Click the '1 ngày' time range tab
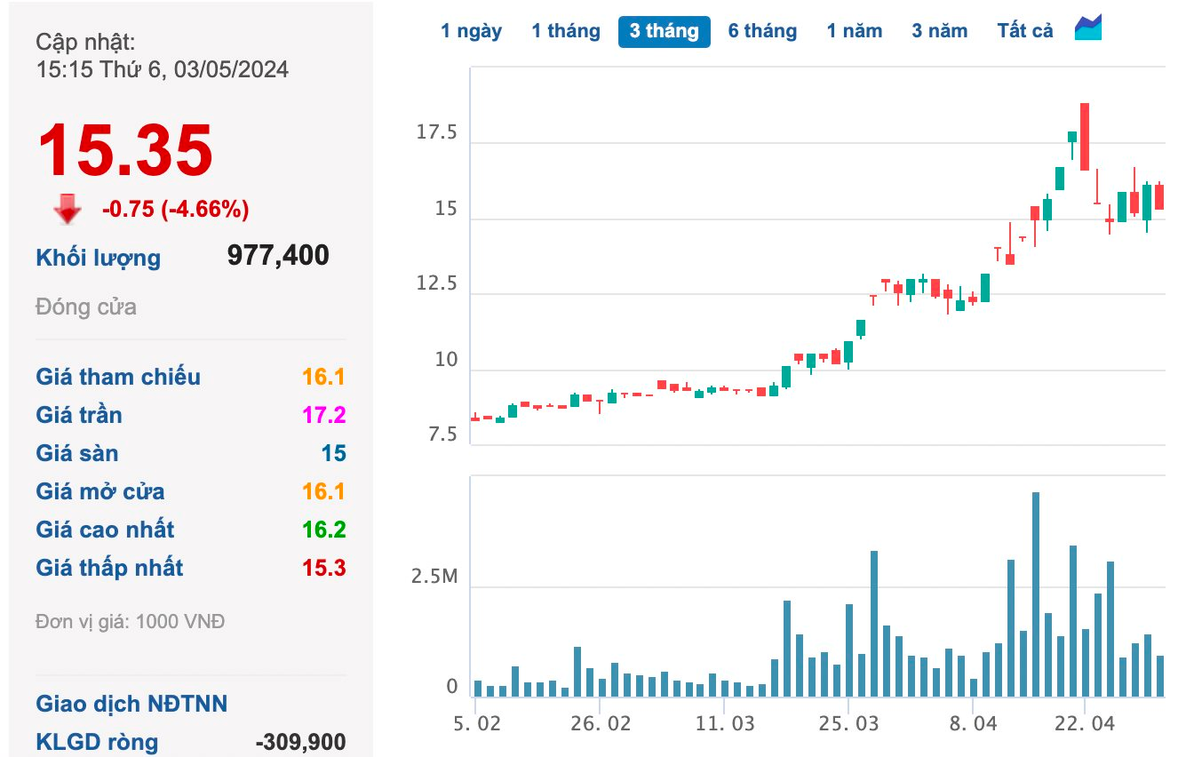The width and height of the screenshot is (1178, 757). [471, 31]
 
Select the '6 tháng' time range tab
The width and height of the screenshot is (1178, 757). [762, 31]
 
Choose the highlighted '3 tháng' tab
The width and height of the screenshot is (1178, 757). [664, 31]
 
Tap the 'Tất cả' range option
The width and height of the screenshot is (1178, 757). [1024, 31]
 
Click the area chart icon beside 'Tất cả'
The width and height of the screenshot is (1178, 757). [1088, 28]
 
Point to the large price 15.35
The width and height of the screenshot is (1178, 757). [124, 151]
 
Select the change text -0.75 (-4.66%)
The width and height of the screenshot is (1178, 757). [175, 210]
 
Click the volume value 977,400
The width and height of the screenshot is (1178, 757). [278, 256]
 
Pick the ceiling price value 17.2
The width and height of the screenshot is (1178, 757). [323, 415]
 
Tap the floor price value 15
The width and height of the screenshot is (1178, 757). [333, 453]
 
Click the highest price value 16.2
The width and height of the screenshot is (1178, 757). [323, 530]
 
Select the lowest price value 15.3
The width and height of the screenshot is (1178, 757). [323, 568]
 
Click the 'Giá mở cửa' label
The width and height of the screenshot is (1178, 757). [99, 491]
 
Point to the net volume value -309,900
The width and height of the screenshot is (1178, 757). [300, 742]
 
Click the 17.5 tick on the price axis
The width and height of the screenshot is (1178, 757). [436, 134]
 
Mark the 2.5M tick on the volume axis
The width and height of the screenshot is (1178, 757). [434, 578]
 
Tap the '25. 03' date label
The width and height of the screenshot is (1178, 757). [848, 723]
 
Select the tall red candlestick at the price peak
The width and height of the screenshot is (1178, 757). [1085, 137]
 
